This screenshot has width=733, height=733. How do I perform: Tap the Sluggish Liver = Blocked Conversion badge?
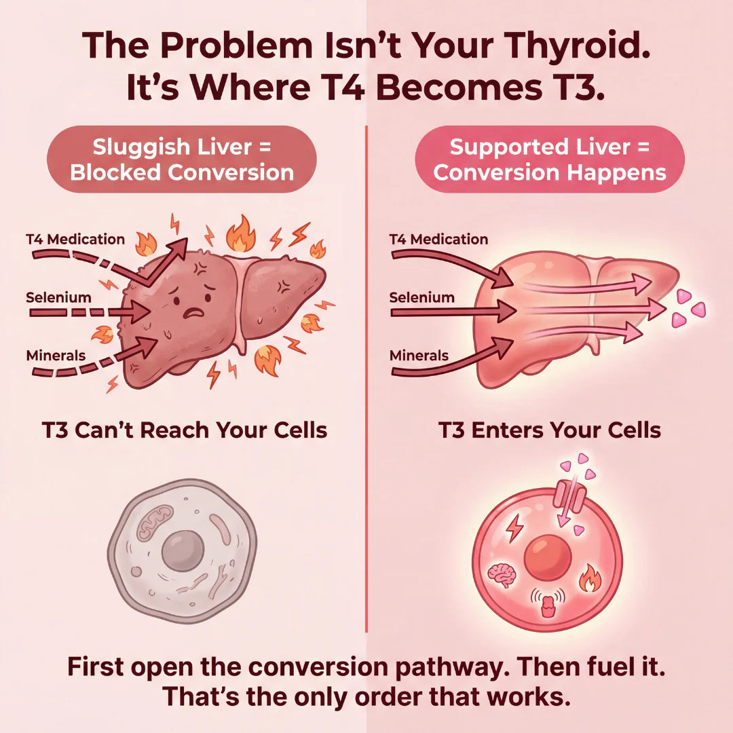181,159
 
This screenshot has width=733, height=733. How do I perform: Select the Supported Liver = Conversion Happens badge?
550,159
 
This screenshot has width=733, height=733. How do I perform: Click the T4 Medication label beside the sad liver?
75,239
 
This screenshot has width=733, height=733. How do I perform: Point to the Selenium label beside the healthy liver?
421,297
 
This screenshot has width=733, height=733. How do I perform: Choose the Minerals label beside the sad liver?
56,355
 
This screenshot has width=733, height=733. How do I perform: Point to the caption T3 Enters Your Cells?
550,430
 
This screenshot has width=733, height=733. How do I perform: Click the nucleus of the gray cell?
183,547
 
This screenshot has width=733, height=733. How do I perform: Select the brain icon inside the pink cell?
502,575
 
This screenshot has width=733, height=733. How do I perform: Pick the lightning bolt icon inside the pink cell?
514,527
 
